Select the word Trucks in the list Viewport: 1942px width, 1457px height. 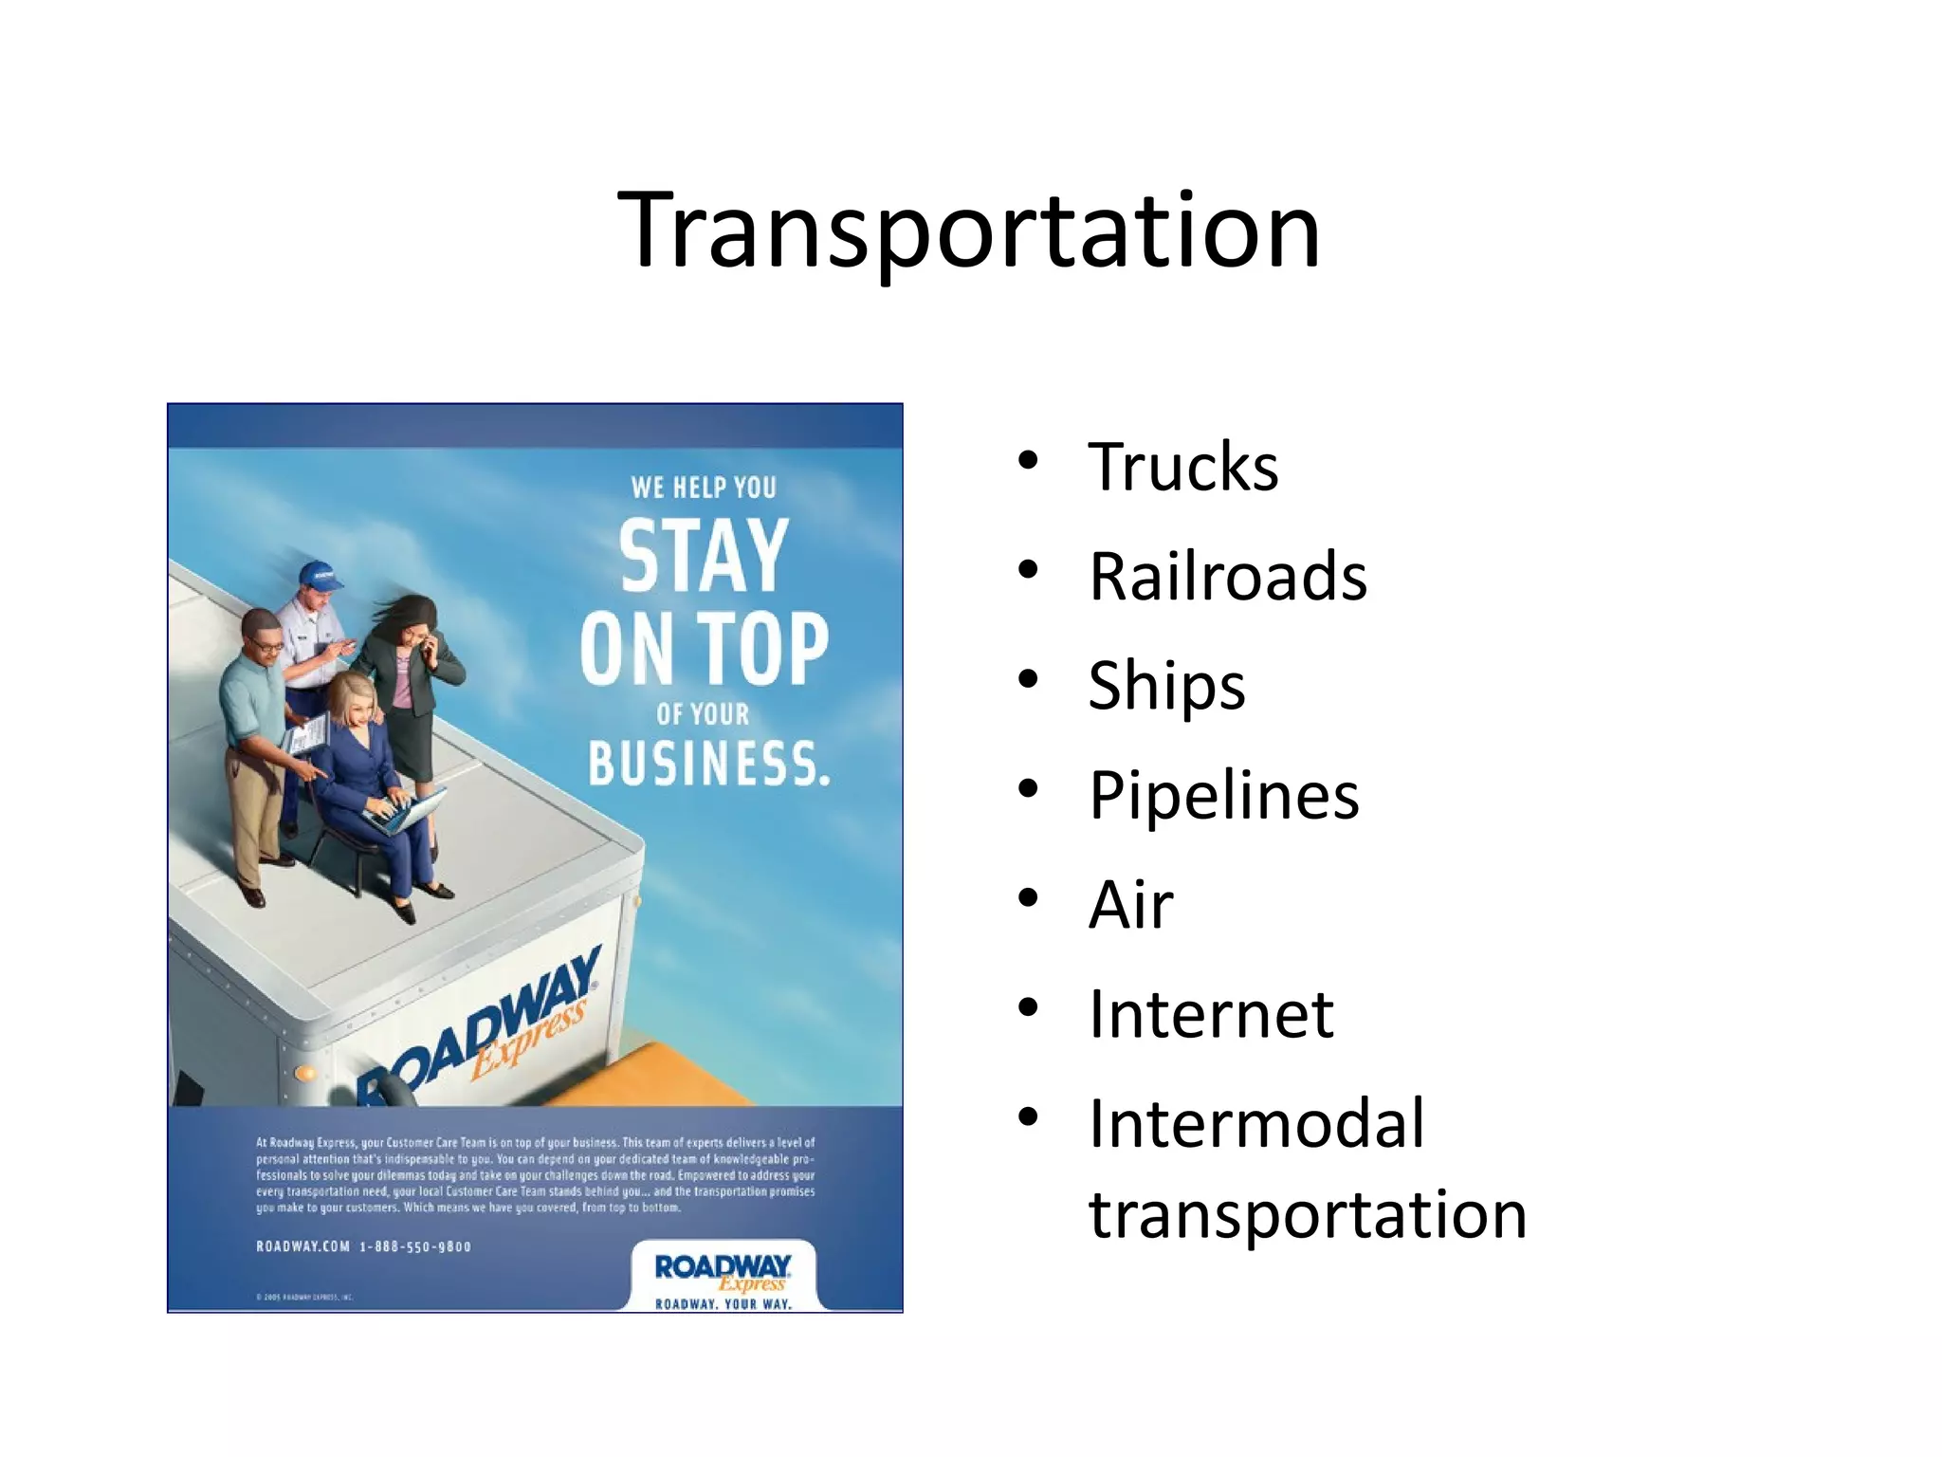tap(1182, 468)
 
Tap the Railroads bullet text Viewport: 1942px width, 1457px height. tap(1227, 577)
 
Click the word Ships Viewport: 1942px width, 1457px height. tap(1165, 686)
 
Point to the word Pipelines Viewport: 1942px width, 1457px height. tap(1223, 795)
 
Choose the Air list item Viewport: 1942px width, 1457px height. tap(1130, 905)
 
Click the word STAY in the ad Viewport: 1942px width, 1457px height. tap(704, 557)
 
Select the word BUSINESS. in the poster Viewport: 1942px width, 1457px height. tap(708, 765)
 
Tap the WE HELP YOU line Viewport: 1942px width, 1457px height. tap(704, 488)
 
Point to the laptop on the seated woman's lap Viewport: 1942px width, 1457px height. tap(406, 814)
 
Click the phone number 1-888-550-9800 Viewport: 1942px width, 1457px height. tap(415, 1246)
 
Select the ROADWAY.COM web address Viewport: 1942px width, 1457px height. tap(302, 1246)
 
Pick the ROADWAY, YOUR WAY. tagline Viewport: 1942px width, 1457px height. tap(723, 1304)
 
